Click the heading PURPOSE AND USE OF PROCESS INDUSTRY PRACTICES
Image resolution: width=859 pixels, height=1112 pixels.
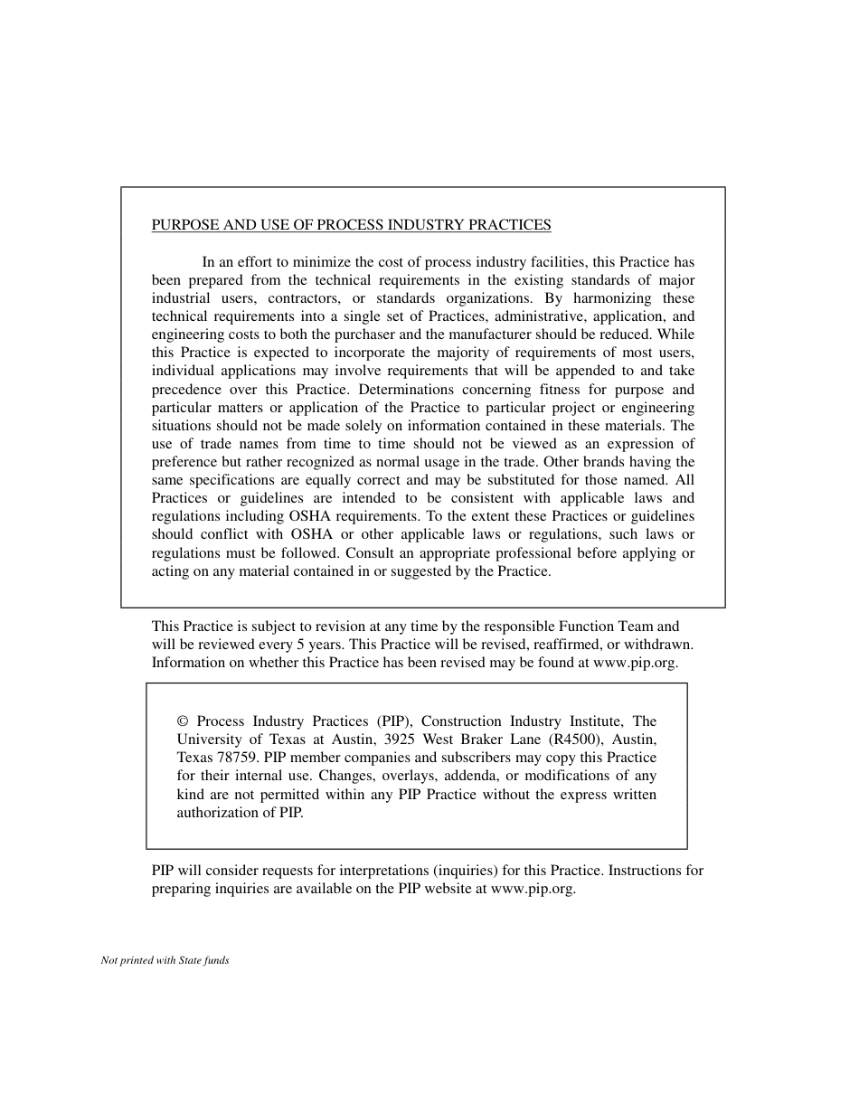click(351, 225)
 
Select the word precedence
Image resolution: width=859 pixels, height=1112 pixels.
click(186, 390)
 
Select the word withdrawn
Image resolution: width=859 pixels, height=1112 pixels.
click(656, 645)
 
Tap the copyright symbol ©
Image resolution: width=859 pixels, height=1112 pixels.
click(183, 721)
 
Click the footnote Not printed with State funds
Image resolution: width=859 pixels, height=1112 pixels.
click(165, 960)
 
